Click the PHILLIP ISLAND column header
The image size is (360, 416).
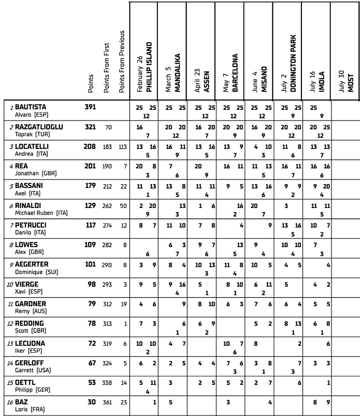pos(149,68)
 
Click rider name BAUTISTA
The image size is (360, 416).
pos(31,107)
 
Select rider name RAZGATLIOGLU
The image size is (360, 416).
pos(39,127)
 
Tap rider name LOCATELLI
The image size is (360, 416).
pos(32,146)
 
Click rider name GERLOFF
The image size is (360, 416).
pos(30,363)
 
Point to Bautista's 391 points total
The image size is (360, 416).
pos(90,107)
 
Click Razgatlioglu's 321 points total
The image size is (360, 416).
pos(90,127)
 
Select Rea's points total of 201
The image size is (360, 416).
pos(90,166)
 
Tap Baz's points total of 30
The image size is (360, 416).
pos(91,402)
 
